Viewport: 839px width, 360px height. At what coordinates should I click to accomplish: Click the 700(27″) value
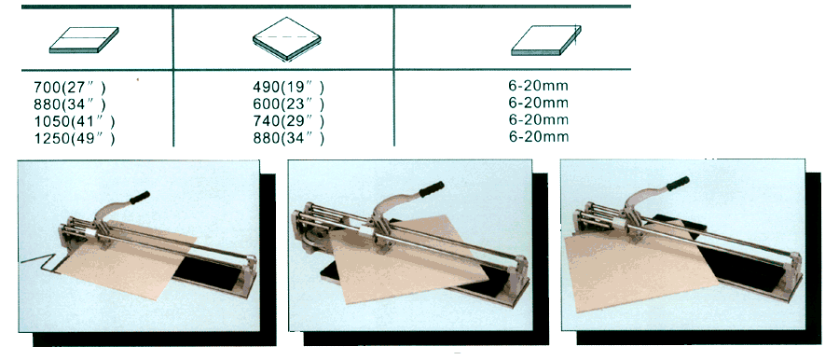coord(70,87)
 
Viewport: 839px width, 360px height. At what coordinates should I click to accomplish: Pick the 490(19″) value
coord(288,86)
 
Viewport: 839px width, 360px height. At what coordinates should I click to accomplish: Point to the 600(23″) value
coord(288,104)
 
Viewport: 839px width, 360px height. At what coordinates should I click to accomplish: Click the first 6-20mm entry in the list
coord(539,85)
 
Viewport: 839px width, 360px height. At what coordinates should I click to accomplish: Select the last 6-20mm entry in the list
coord(539,136)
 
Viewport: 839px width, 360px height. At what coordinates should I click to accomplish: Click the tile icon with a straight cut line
coord(84,40)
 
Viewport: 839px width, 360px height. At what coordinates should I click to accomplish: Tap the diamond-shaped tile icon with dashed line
coord(287,38)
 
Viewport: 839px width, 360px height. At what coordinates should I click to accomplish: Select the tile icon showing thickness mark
coord(546,40)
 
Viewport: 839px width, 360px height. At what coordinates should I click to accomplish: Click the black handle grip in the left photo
coord(140,198)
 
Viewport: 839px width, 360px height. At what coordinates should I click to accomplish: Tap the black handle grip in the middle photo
coord(432,189)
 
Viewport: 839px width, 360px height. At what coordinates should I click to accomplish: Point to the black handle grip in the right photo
coord(678,184)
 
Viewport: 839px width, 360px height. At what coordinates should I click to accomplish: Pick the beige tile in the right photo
coord(637,268)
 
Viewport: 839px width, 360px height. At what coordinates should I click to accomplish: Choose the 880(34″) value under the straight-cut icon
coord(70,104)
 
